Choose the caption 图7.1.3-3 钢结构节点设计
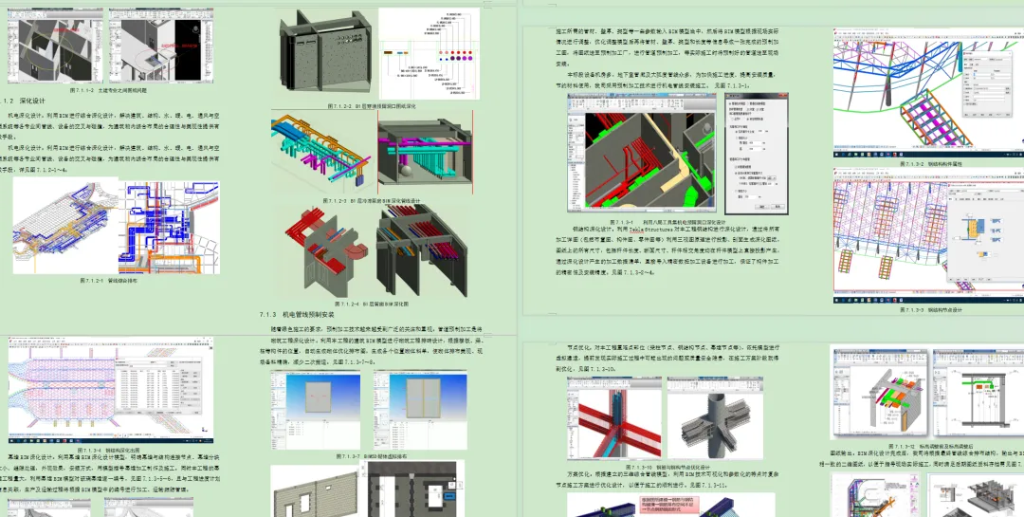click(x=927, y=309)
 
